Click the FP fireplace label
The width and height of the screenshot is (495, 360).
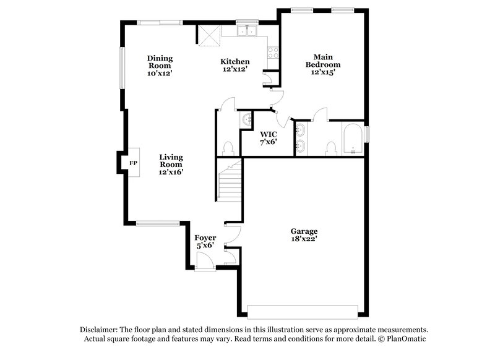click(133, 163)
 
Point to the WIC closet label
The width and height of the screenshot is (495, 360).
click(268, 134)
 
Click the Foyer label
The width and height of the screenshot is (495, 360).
click(205, 238)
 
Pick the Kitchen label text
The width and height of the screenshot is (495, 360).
click(235, 61)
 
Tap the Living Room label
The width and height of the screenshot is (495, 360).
click(171, 161)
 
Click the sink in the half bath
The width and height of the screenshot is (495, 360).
click(247, 118)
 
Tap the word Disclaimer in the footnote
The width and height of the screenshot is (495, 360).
click(99, 330)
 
